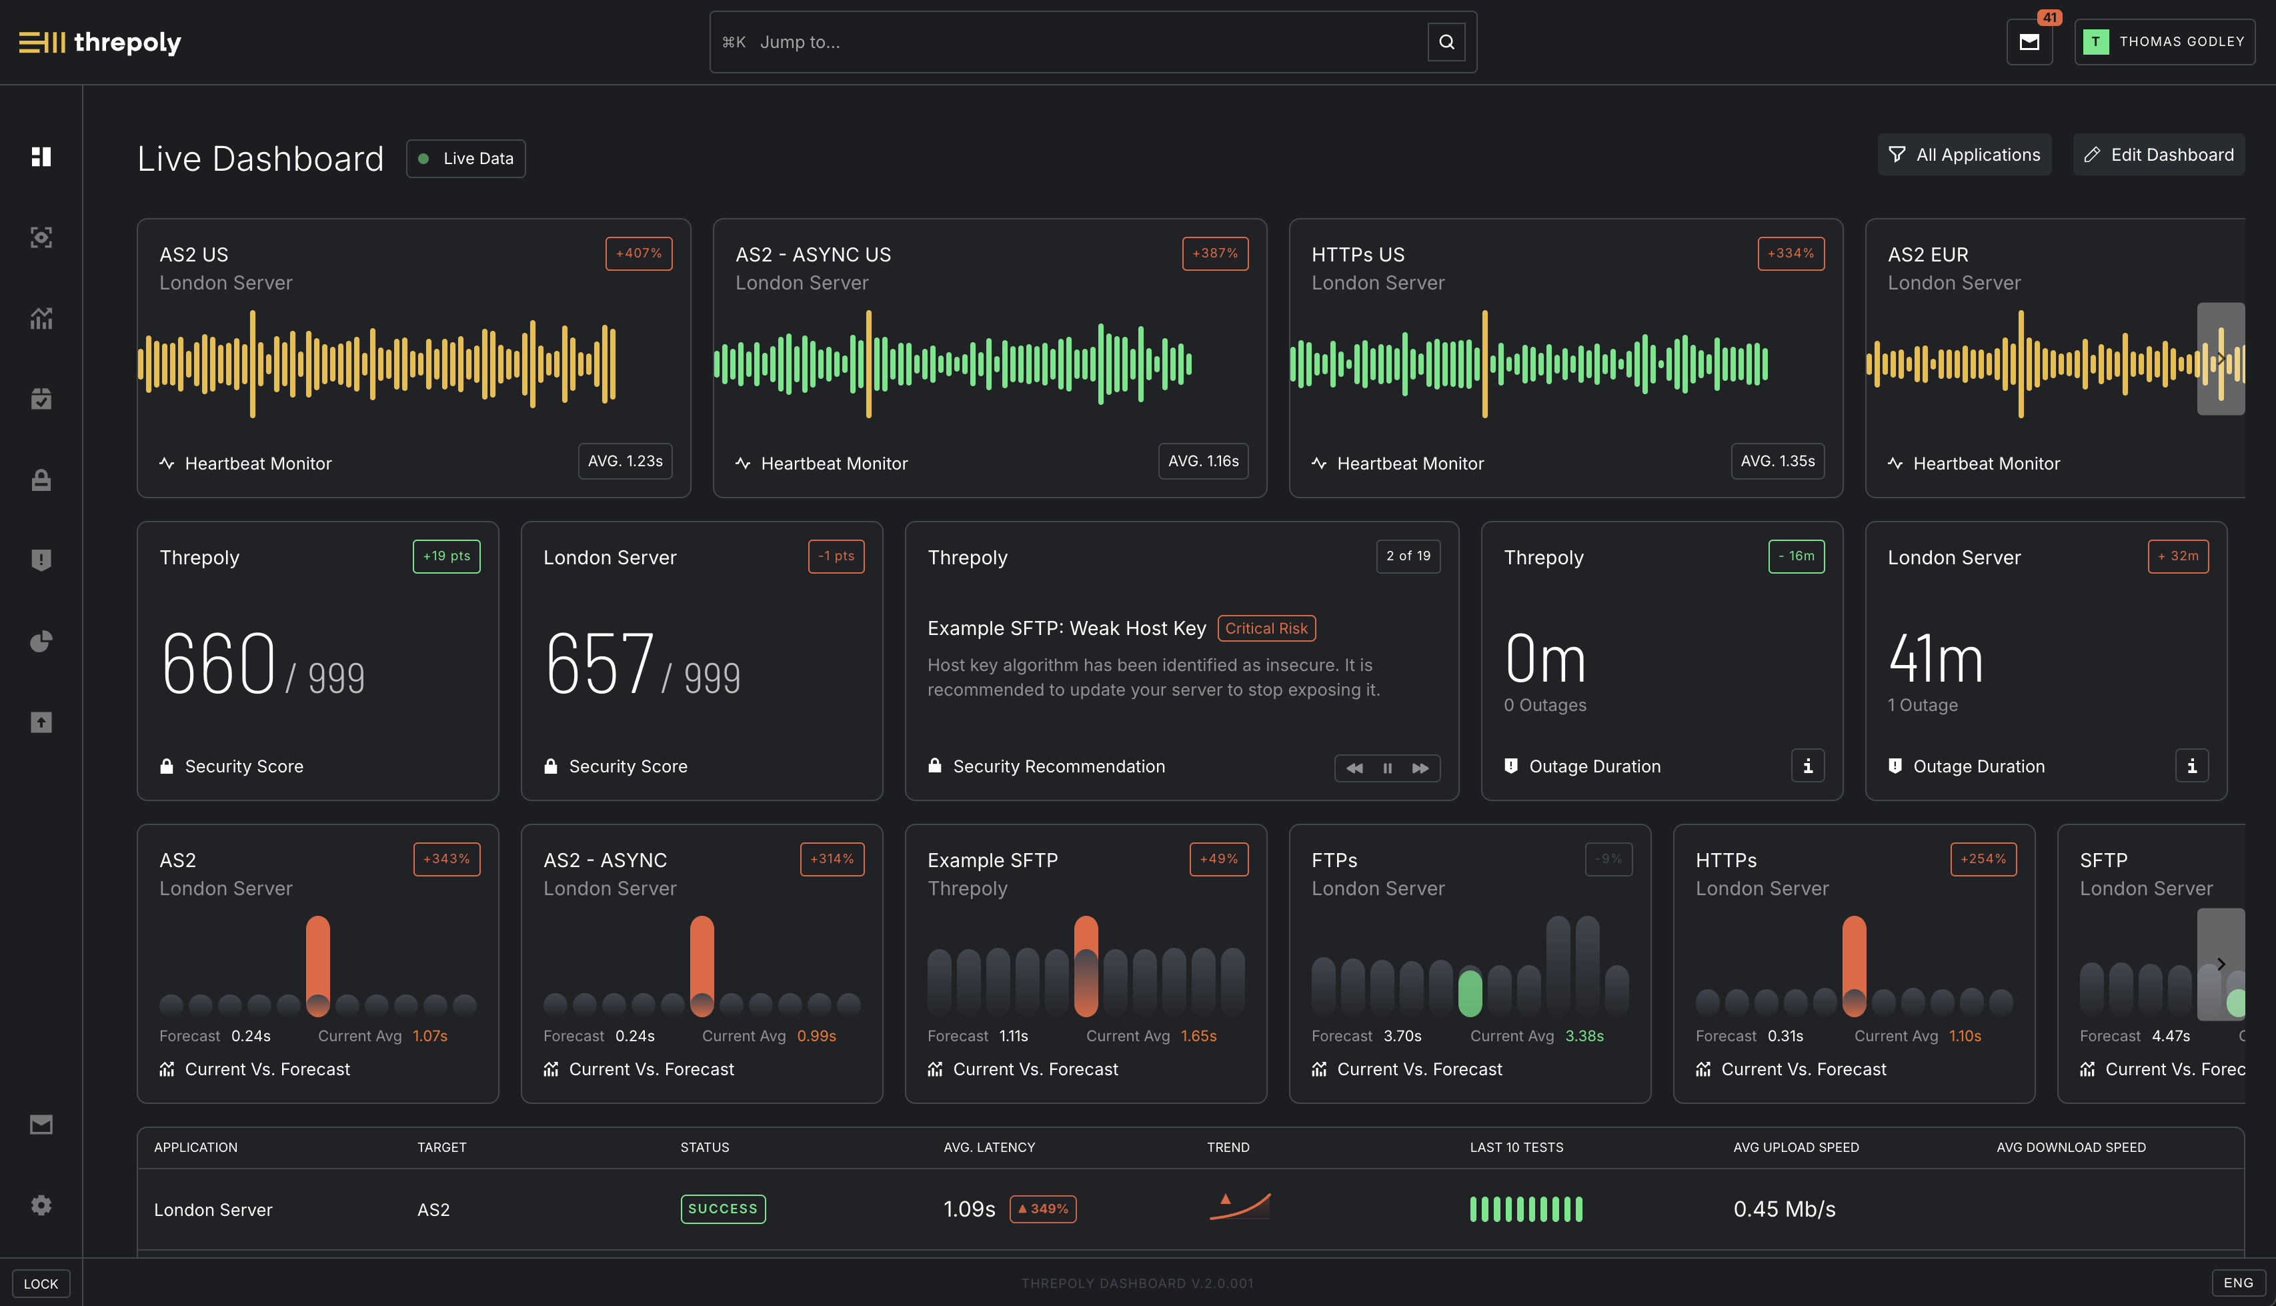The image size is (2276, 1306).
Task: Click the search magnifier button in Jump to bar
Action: click(x=1446, y=42)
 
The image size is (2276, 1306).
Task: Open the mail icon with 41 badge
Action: click(x=2029, y=42)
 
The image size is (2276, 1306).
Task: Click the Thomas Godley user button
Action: click(x=2164, y=42)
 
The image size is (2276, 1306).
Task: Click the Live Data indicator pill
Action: click(x=465, y=159)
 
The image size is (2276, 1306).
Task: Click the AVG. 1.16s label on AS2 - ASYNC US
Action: click(x=1202, y=461)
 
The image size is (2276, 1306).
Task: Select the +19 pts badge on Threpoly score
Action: click(x=445, y=556)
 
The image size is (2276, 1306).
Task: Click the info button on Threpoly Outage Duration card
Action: click(x=1807, y=766)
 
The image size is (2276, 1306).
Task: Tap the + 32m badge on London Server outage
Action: click(x=2177, y=556)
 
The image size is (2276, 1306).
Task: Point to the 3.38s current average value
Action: click(x=1584, y=1036)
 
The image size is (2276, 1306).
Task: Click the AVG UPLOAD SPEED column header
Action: click(x=1795, y=1147)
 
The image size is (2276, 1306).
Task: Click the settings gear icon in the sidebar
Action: click(x=41, y=1205)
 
